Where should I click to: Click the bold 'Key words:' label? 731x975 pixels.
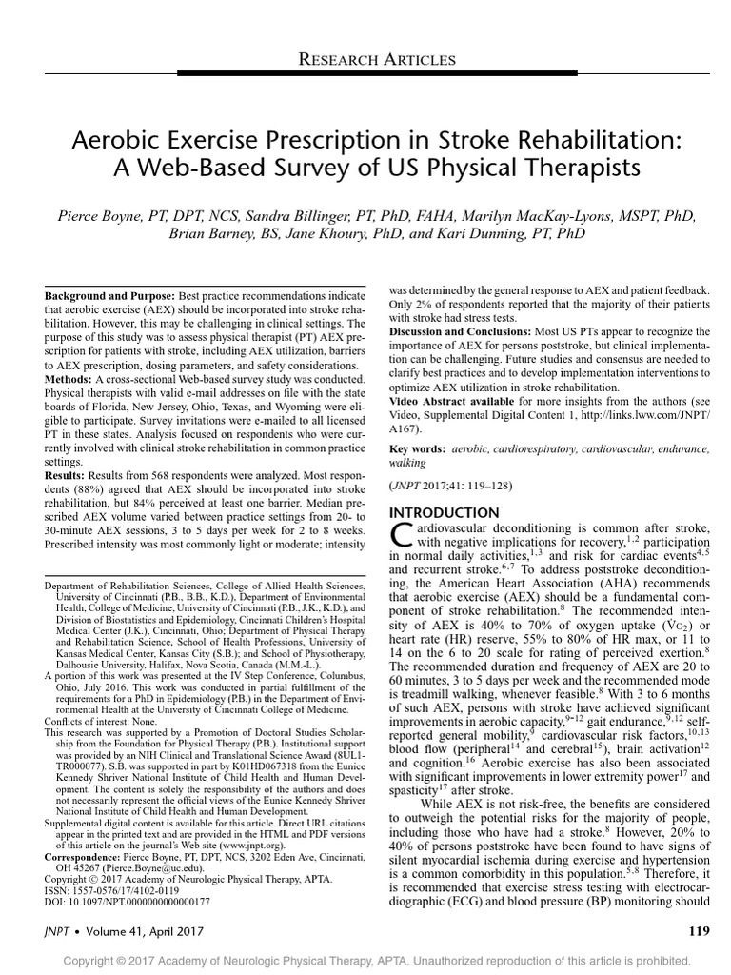(417, 447)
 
